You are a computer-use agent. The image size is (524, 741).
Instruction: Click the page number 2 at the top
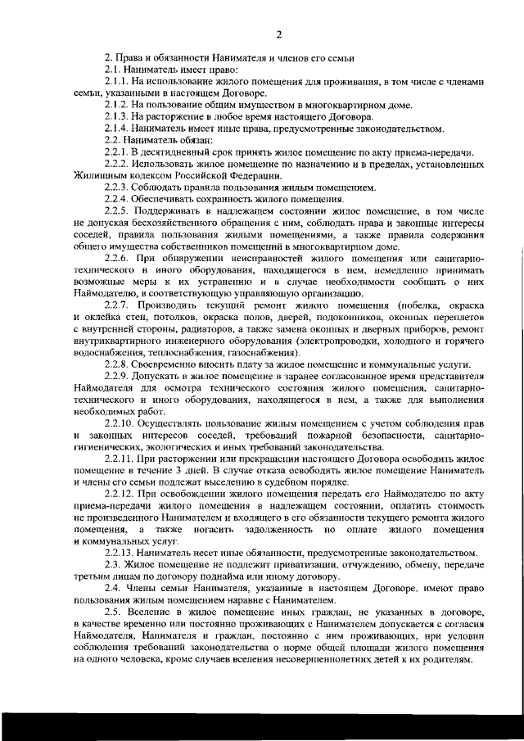278,34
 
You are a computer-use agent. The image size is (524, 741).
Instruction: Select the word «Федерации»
256,175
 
